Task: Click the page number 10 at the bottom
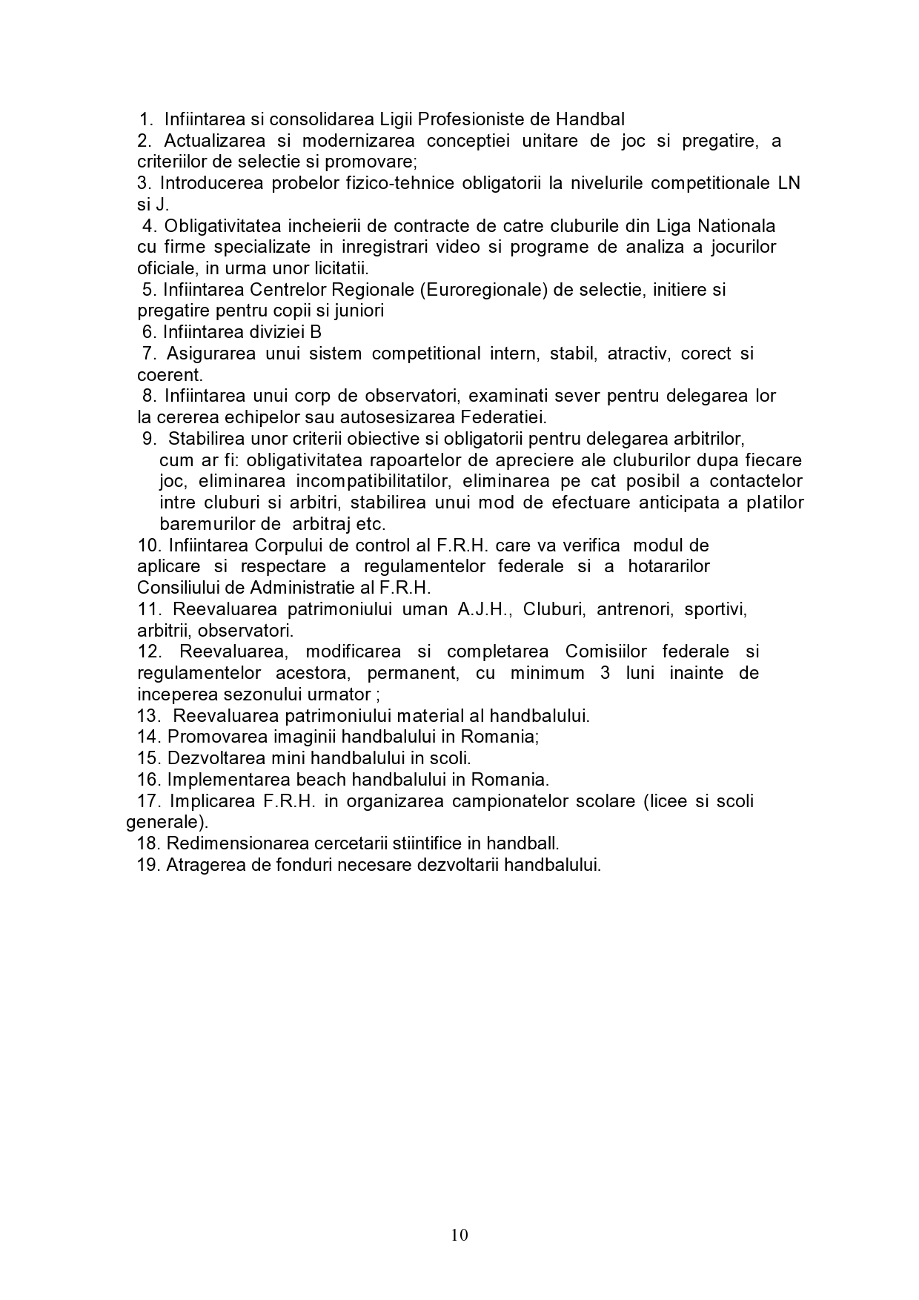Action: [459, 1234]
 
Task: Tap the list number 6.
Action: [148, 332]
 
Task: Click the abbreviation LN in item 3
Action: [789, 183]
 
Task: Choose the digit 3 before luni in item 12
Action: [605, 674]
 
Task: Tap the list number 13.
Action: [149, 716]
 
